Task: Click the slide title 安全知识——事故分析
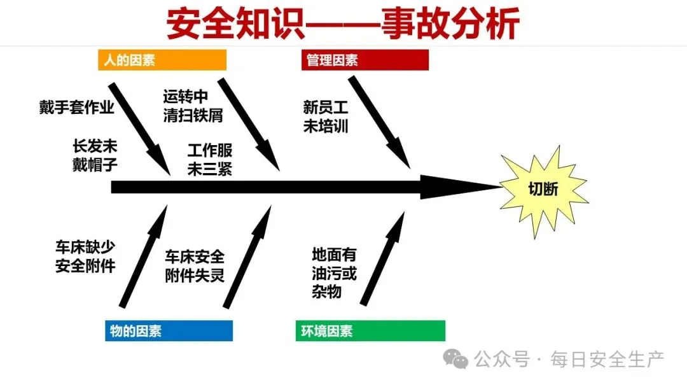[x=343, y=24]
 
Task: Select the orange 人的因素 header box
[x=162, y=60]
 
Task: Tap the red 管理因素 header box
[x=364, y=60]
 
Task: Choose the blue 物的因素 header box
[x=169, y=331]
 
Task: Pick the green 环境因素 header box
[x=370, y=331]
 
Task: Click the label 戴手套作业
[x=76, y=108]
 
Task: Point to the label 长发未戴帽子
[x=95, y=156]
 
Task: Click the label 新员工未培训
[x=326, y=116]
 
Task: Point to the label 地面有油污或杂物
[x=334, y=273]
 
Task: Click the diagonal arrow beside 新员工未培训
[x=380, y=123]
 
